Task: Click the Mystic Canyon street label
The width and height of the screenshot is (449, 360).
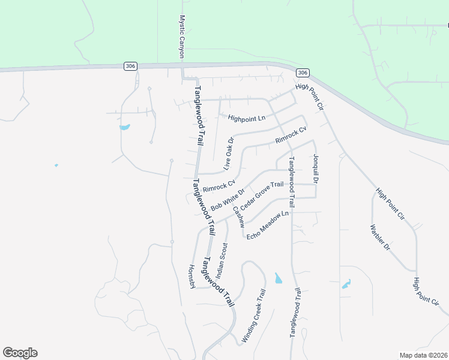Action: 182,37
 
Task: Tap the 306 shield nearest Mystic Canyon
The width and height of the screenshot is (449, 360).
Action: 130,66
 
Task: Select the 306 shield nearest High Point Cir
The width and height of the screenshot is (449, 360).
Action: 303,73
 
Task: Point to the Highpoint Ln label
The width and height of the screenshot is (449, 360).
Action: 247,118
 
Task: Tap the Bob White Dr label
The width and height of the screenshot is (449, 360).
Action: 228,200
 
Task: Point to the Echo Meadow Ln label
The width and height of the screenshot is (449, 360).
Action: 268,222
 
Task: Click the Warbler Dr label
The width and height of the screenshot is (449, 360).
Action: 380,238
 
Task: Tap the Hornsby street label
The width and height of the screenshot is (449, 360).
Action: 192,277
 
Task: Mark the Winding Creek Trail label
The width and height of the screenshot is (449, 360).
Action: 253,316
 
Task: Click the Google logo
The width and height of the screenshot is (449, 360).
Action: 20,353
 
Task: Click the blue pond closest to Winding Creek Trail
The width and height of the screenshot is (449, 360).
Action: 278,278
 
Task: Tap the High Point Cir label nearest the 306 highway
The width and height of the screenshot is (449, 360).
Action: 310,96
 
